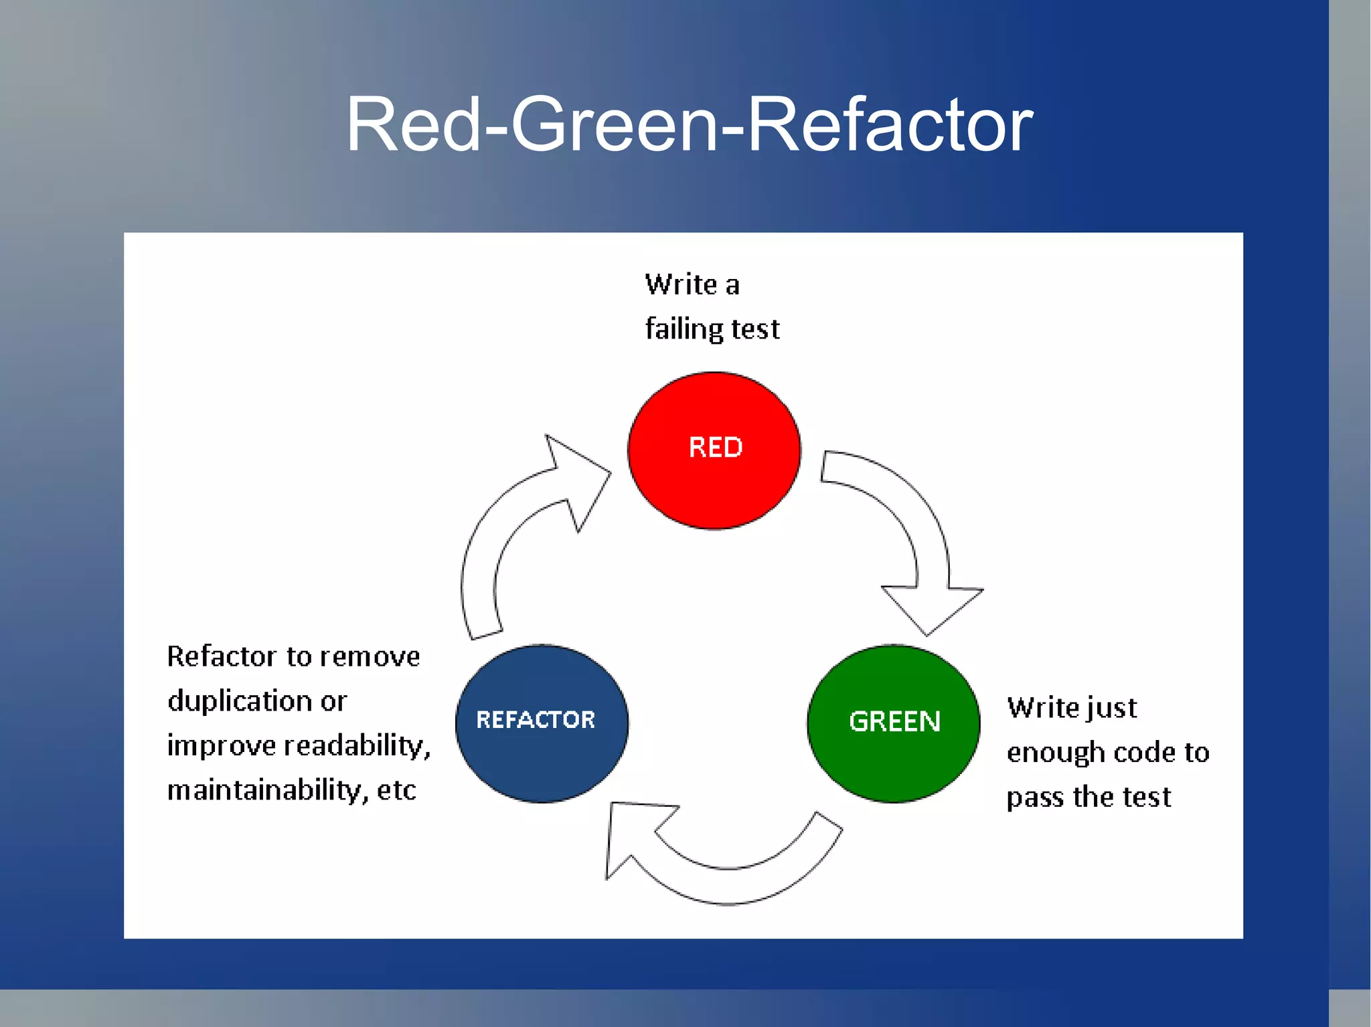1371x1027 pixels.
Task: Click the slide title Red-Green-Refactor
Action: [x=689, y=124]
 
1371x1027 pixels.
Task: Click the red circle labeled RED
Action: [x=714, y=450]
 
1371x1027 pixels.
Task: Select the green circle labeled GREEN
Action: [x=894, y=723]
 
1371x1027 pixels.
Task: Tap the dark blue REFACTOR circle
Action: [x=542, y=723]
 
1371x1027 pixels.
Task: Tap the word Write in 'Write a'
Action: [x=681, y=284]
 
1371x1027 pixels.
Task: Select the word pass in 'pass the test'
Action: [x=1035, y=798]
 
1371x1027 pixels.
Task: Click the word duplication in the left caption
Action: [x=240, y=701]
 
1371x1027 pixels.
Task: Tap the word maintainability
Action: [x=267, y=790]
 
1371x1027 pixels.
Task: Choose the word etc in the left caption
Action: [x=396, y=790]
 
